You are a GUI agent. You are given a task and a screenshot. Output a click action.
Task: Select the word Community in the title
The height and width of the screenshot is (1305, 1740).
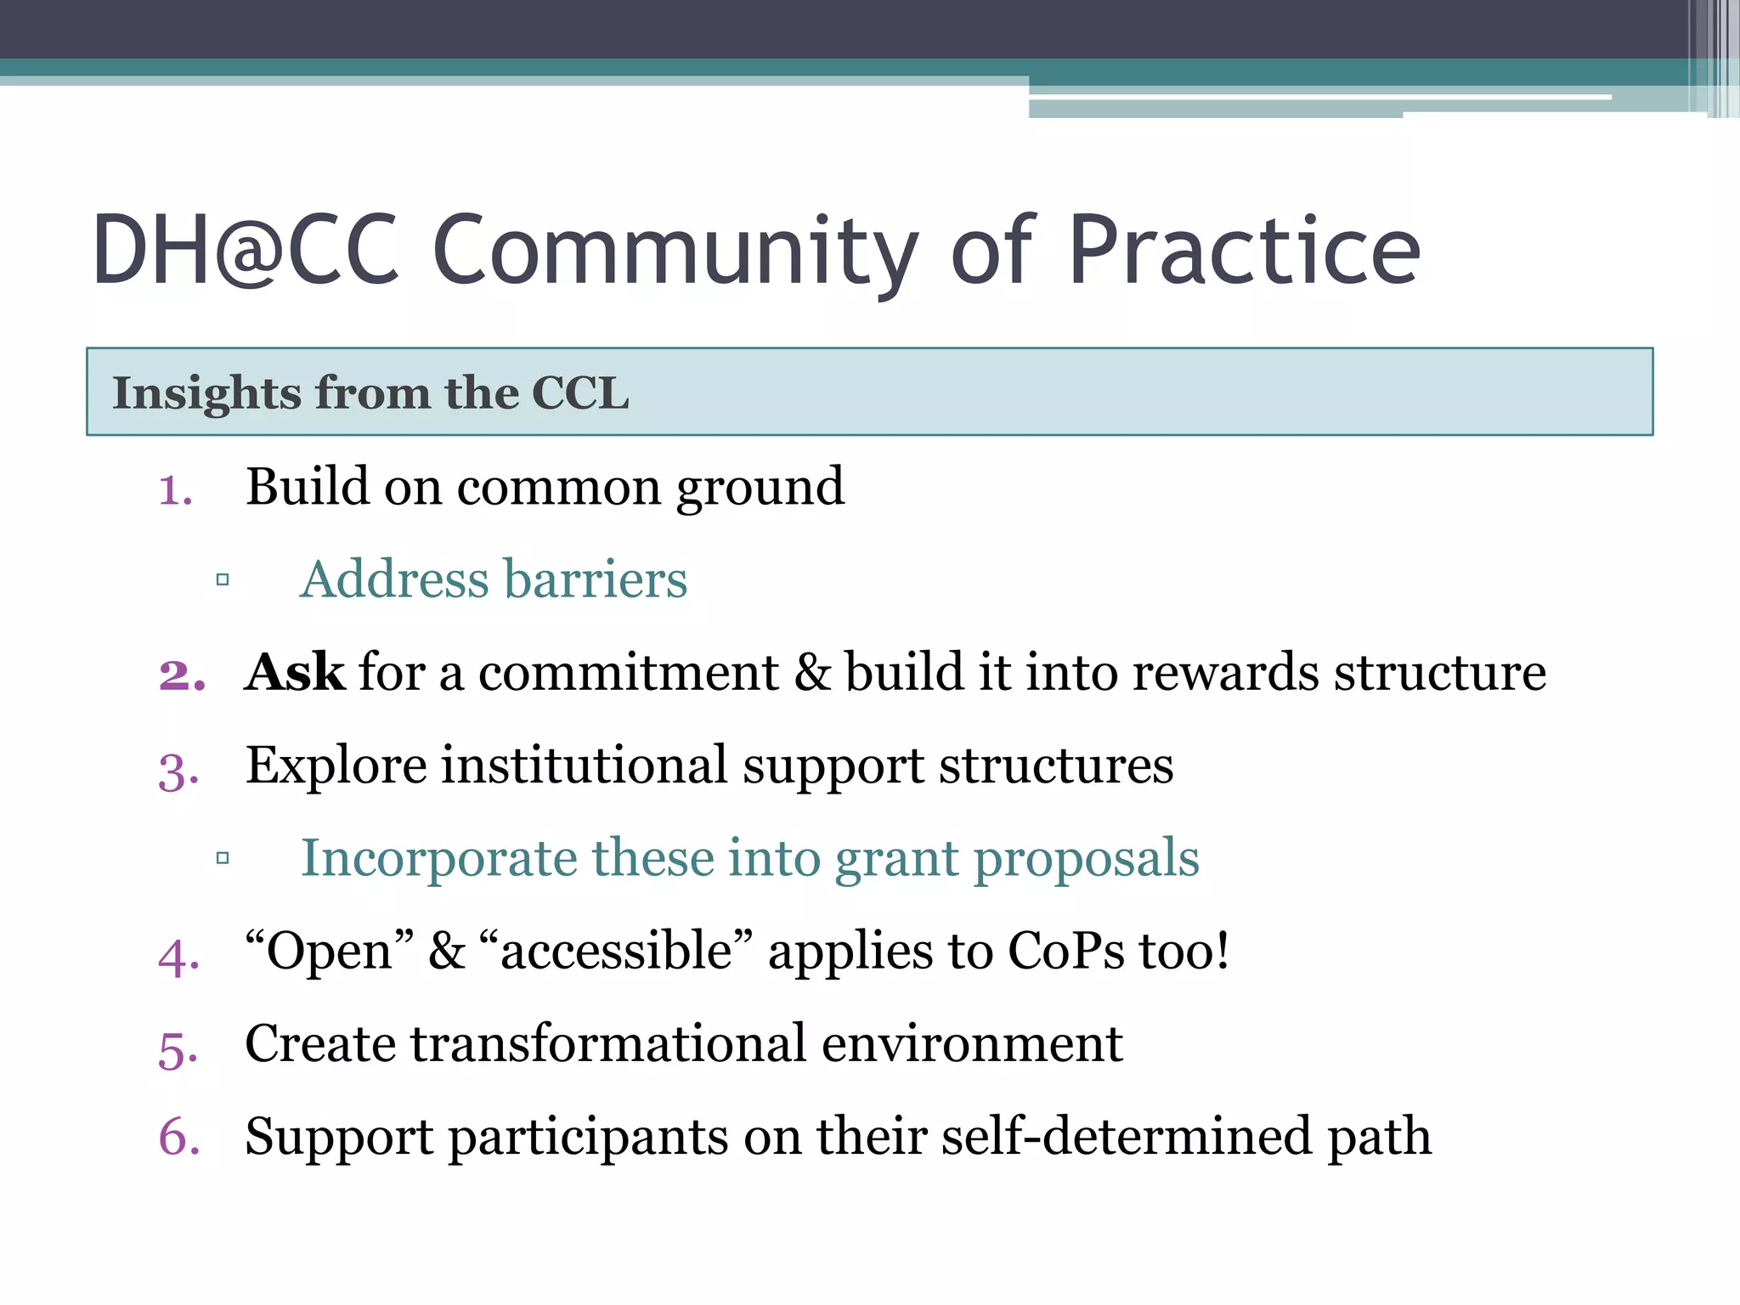[675, 252]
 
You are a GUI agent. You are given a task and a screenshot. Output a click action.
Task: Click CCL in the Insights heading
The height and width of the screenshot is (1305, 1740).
[580, 393]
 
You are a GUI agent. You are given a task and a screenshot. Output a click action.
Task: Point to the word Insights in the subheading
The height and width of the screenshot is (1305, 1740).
[207, 393]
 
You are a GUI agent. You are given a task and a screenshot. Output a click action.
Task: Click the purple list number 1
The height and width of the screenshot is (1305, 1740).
[175, 491]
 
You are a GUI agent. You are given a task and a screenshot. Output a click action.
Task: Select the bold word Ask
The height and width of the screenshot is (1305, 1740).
[294, 673]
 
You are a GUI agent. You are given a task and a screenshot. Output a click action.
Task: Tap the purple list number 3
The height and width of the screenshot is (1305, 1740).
[178, 771]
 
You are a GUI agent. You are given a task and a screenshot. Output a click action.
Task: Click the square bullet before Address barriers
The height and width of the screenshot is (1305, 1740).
[223, 580]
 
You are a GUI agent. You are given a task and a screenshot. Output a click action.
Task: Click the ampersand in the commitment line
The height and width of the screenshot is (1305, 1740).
[812, 673]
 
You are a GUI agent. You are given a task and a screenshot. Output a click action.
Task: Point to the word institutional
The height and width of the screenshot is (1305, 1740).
[584, 765]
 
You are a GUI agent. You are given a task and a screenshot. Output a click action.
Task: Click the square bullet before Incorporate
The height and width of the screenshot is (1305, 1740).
[223, 858]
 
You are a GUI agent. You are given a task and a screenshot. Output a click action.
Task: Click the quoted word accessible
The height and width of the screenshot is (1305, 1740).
[616, 951]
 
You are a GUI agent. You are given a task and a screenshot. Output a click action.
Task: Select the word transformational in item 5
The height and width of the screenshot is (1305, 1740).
[608, 1043]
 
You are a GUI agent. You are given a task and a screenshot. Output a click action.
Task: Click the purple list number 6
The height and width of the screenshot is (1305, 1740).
[179, 1137]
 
